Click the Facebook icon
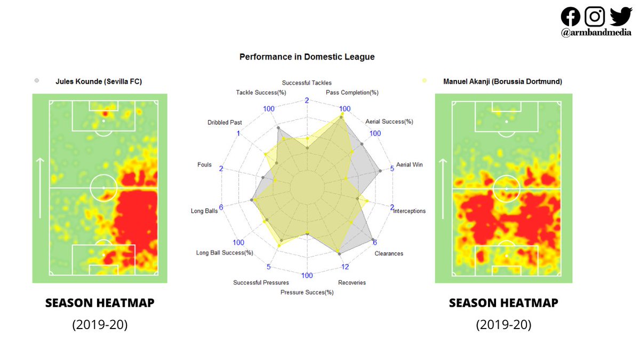point(570,17)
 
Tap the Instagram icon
point(595,17)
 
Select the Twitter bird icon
point(620,16)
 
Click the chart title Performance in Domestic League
point(307,57)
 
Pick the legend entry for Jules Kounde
point(99,82)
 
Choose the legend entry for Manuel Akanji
point(502,82)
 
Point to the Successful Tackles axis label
point(307,83)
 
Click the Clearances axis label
point(389,253)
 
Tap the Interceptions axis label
point(410,211)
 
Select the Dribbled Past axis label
point(225,123)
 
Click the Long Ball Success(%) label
point(225,253)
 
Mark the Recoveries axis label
point(352,283)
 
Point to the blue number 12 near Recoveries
point(345,267)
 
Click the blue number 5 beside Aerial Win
point(393,169)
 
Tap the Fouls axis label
point(204,165)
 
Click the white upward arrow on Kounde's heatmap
point(40,188)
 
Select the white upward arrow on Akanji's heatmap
point(443,188)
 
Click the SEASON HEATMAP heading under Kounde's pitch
point(100,303)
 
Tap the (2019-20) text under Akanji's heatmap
point(503,325)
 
